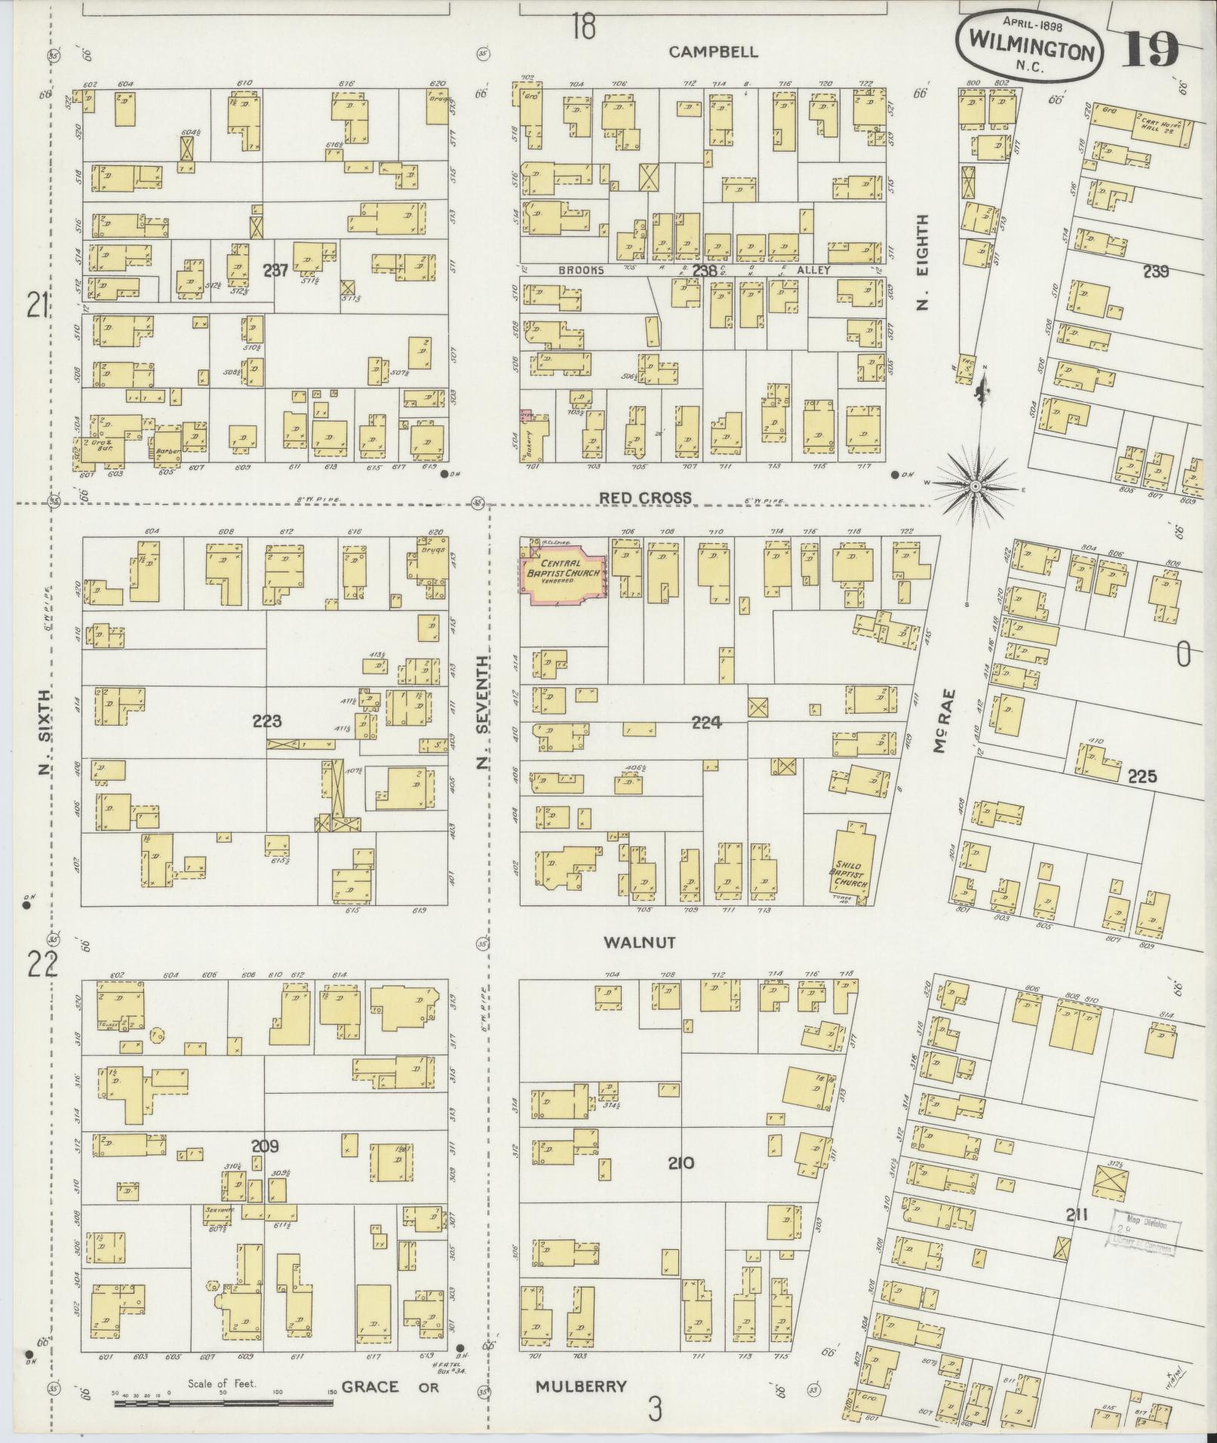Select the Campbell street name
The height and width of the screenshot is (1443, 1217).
coord(713,52)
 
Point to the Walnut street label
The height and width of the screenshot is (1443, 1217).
coord(638,942)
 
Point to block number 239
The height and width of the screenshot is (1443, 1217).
coord(1155,272)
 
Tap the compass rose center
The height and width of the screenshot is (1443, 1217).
coord(976,487)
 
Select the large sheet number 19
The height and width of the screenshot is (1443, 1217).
coord(1152,49)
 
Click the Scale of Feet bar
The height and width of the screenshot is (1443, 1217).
coord(223,1403)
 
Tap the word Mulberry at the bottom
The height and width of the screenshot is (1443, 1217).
coord(581,1386)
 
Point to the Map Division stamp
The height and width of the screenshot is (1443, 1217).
coord(1146,1236)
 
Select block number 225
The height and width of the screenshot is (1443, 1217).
coord(1142,777)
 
